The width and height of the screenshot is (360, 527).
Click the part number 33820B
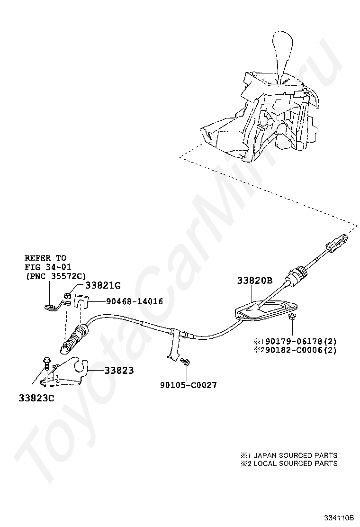click(255, 281)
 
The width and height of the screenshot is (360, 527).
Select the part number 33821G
click(103, 285)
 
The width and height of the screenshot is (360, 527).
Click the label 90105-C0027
click(188, 385)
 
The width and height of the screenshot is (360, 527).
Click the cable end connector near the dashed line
click(334, 243)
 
